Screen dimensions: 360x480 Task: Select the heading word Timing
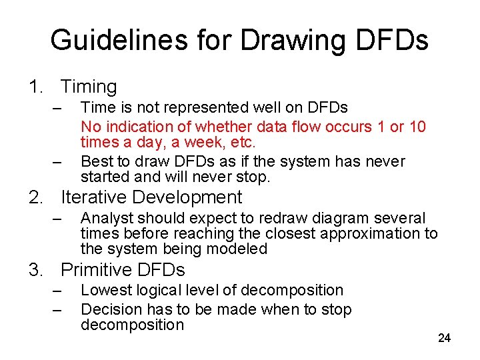click(89, 87)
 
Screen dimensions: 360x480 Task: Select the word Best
click(95, 161)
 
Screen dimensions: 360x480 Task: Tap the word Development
click(189, 197)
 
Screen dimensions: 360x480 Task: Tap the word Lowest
click(103, 290)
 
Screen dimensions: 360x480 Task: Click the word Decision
click(107, 309)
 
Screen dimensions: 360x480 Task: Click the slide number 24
click(444, 339)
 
